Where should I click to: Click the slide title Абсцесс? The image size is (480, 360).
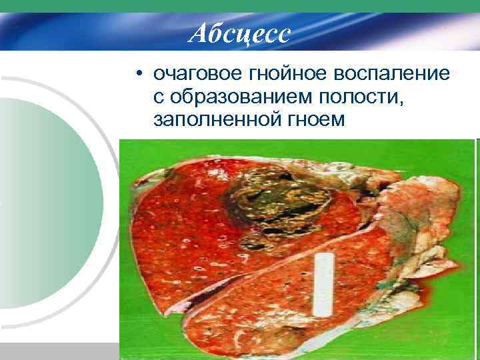click(239, 33)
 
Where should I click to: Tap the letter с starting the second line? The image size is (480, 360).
click(158, 97)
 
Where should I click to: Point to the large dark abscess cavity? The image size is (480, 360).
click(280, 197)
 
